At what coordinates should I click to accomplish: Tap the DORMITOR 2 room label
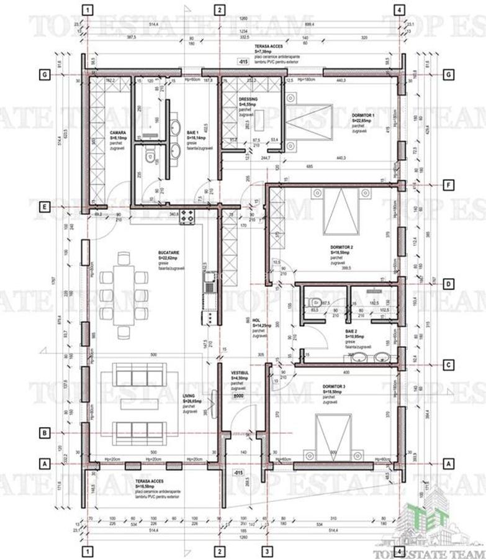(x=342, y=247)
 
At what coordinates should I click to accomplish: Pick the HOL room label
(x=256, y=320)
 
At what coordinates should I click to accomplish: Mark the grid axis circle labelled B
(x=44, y=432)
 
